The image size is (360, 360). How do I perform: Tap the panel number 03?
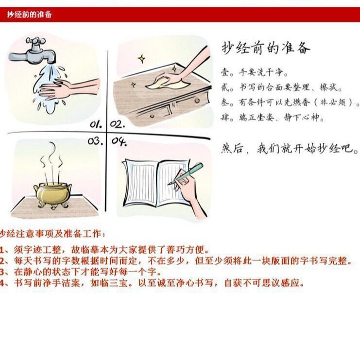(95, 141)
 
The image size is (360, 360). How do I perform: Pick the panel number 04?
(119, 142)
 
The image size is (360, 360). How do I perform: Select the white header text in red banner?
(29, 15)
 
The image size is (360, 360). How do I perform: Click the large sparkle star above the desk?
(142, 59)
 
